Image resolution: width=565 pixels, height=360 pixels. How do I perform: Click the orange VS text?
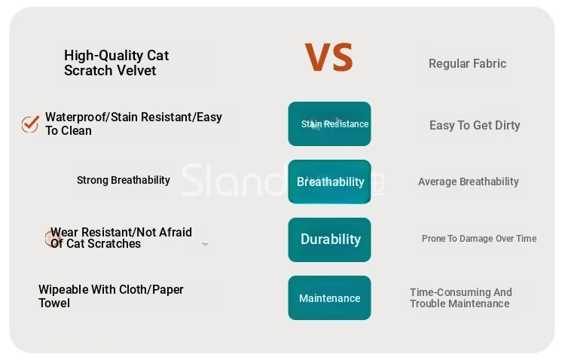coord(328,57)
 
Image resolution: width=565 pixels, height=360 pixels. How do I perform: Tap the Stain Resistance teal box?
coord(329,124)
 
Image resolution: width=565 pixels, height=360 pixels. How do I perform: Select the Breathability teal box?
coord(329,182)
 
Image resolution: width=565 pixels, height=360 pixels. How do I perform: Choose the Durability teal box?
coord(329,239)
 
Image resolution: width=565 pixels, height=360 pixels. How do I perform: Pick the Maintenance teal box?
coord(329,297)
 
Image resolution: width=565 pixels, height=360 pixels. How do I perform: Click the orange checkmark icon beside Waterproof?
coord(30,124)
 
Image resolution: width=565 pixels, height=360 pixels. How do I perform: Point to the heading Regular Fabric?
coord(467,64)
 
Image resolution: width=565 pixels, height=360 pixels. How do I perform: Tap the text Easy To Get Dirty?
coord(475,126)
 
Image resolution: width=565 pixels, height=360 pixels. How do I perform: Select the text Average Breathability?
coord(469,182)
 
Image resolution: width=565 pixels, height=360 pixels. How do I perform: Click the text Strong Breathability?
coord(124,180)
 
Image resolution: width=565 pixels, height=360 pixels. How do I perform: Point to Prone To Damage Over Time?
coord(479,239)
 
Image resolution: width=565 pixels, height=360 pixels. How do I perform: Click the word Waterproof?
coord(76,117)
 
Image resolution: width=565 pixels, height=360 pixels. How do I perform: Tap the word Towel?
coord(54,303)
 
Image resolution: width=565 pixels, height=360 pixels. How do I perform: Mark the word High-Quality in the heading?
coord(99,56)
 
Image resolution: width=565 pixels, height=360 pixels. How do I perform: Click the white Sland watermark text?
coord(234,180)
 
